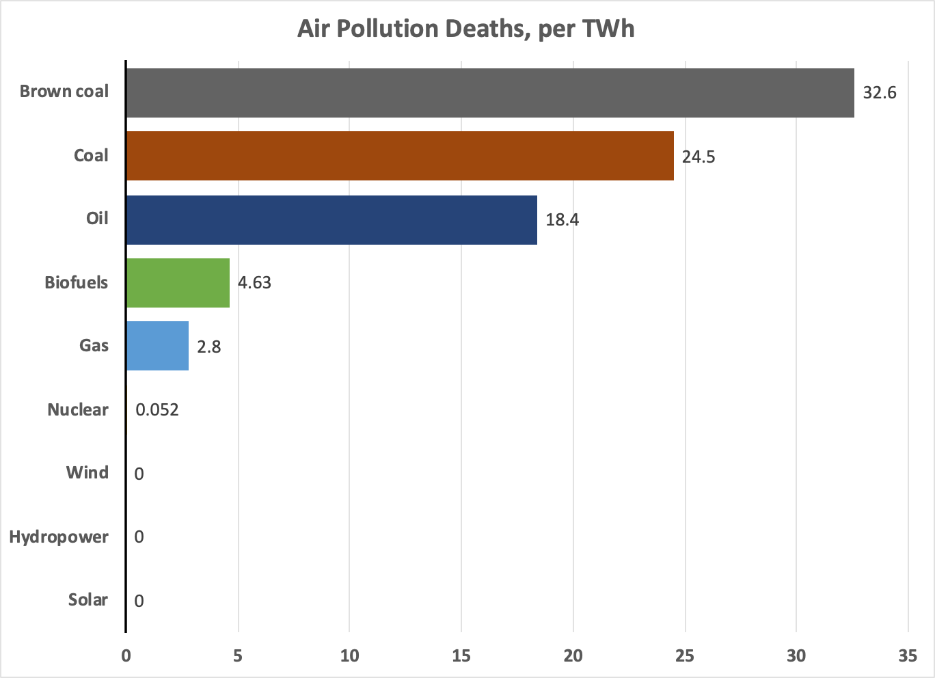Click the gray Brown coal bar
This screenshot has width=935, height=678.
pos(490,93)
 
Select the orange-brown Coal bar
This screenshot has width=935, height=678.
pos(400,156)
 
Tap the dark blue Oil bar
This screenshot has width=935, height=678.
pos(331,219)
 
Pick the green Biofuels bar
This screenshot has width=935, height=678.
pos(178,282)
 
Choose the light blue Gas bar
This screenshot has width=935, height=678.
pos(157,346)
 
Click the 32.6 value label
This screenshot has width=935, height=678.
pos(879,93)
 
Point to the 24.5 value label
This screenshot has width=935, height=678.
pos(699,157)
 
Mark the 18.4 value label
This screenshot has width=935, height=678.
pos(562,220)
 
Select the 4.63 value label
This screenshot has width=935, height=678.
pos(254,283)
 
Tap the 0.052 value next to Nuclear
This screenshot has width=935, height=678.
pos(157,410)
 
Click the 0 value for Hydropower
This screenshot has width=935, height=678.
pos(139,537)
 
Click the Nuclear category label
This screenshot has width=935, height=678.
pos(78,410)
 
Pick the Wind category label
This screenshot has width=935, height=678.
pos(87,473)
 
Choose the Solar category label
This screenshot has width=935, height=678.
pos(88,600)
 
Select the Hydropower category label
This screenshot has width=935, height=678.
pos(59,537)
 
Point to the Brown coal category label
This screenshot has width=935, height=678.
pos(64,92)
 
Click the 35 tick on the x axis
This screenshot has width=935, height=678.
pos(908,655)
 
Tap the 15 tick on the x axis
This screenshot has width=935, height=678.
pos(461,655)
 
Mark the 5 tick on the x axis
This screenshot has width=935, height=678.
pos(238,655)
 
